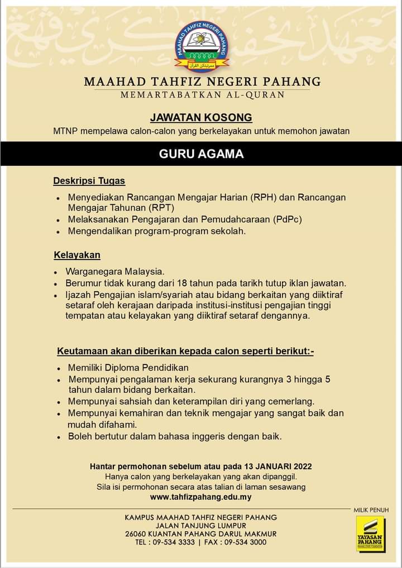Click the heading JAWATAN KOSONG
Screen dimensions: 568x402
201,118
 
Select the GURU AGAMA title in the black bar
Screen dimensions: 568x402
201,154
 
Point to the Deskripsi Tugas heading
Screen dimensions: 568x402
89,181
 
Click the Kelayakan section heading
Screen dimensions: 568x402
77,256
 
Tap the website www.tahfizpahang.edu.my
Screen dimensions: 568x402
201,497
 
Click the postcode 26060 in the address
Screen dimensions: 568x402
137,534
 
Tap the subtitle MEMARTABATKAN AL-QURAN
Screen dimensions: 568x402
202,95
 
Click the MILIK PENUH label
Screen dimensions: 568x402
371,510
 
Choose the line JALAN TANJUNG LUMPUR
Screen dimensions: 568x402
201,526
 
